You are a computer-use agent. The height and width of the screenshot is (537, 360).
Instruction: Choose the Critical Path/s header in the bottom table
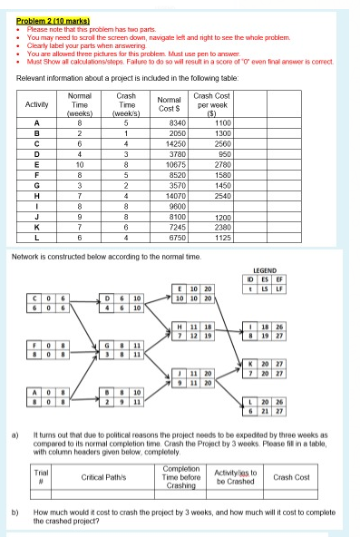point(109,476)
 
